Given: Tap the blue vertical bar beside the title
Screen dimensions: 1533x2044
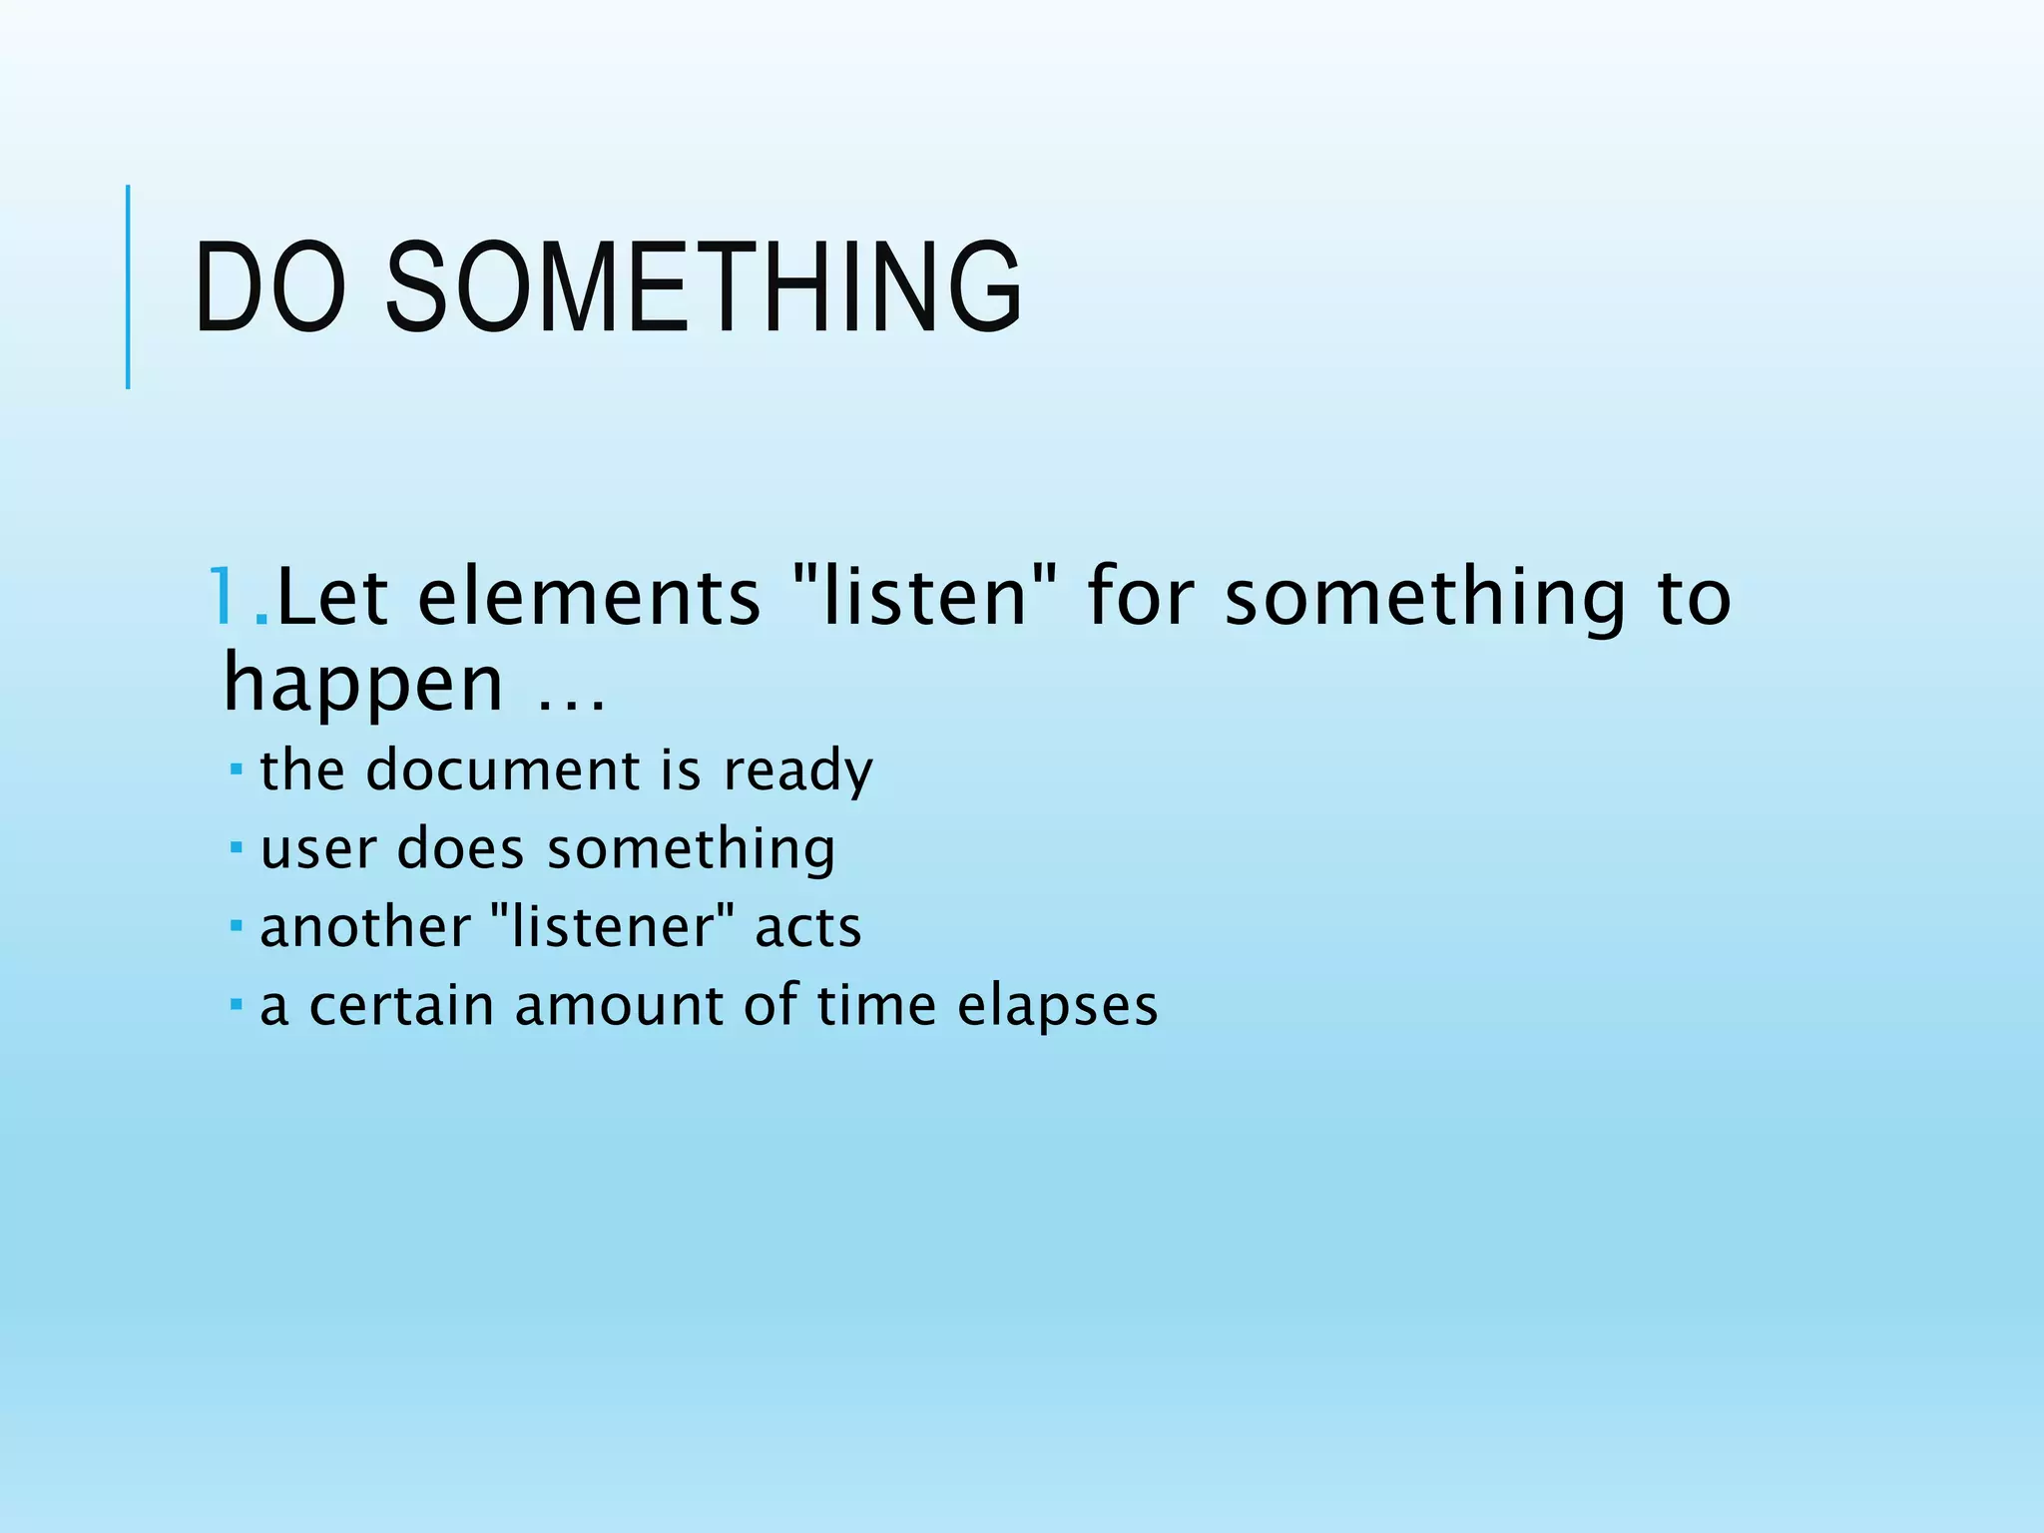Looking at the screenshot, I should point(128,286).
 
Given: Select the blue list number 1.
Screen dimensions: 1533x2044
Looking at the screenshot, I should point(228,598).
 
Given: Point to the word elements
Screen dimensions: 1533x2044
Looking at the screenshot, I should point(589,598).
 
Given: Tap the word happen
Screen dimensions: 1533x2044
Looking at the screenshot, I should point(363,685).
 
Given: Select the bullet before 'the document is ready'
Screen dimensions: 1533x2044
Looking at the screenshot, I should point(236,769).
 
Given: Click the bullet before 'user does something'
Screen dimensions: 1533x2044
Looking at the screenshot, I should point(236,847).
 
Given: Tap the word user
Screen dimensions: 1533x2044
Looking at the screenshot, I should point(319,850).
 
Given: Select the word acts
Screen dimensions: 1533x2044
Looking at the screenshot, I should point(807,927).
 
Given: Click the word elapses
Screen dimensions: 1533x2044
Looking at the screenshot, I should point(1058,1006).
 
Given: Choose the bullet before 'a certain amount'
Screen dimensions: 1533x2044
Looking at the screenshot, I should point(236,1003).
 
